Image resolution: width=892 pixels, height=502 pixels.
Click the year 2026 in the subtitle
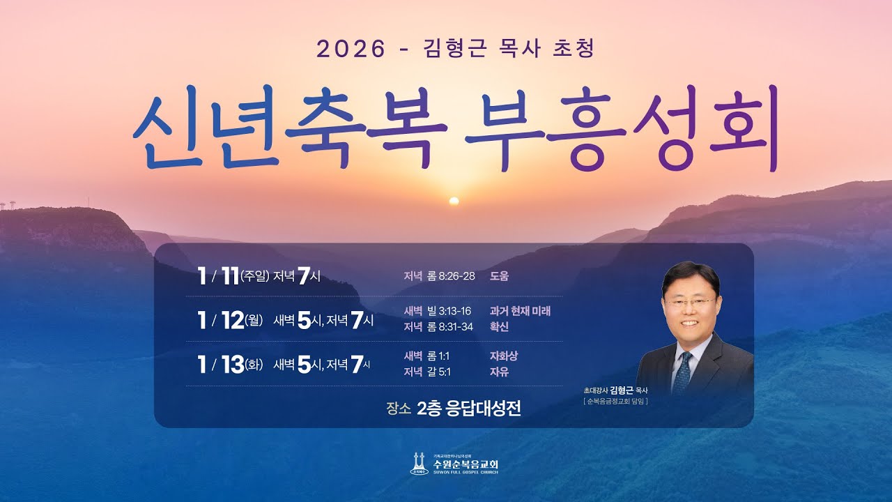point(351,49)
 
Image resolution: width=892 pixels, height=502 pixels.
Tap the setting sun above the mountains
point(454,201)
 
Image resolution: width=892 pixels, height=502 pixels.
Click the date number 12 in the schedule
point(231,320)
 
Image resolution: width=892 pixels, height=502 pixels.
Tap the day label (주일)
point(254,277)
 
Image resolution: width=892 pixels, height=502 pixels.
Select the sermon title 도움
point(499,276)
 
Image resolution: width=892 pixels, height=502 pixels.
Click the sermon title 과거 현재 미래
point(520,311)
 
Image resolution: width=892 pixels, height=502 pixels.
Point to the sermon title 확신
point(499,326)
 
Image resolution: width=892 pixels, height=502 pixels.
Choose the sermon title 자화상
point(503,356)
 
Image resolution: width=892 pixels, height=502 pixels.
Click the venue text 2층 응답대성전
point(468,409)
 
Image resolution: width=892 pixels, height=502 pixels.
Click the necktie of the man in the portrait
point(682,373)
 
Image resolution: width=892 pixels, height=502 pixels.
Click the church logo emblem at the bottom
point(419,464)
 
